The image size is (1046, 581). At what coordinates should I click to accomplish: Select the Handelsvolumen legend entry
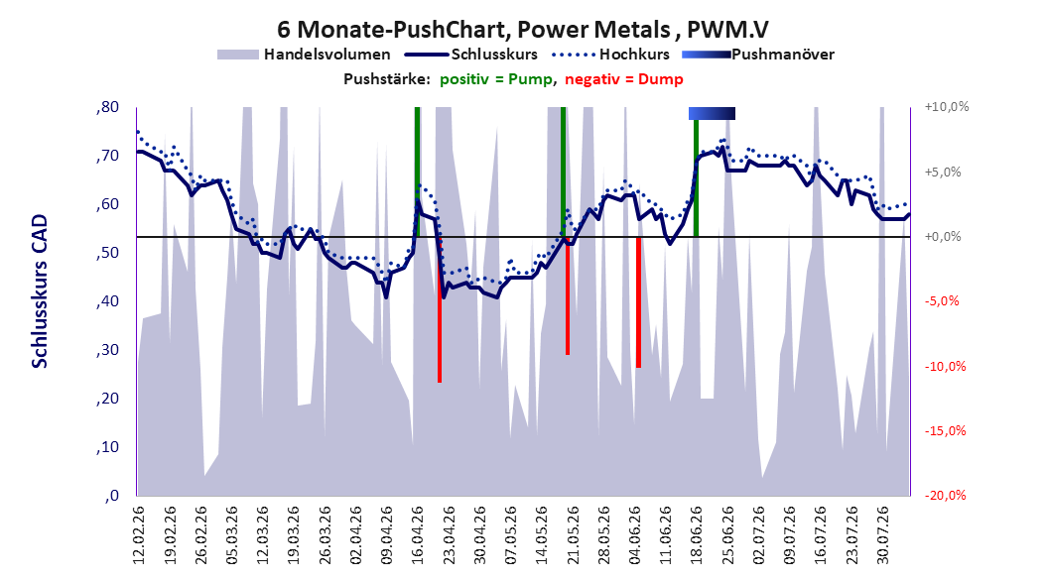[304, 55]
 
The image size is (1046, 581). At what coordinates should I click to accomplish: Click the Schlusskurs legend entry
[471, 55]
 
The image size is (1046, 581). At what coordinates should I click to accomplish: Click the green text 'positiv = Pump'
[495, 79]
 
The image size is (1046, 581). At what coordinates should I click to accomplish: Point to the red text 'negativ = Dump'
[624, 79]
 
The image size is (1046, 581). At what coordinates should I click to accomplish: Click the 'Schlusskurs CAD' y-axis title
[40, 291]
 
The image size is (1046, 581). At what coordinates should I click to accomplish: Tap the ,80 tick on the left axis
[107, 107]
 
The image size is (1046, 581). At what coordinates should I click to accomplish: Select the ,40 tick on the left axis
[107, 301]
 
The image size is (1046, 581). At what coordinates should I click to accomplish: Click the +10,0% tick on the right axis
[947, 107]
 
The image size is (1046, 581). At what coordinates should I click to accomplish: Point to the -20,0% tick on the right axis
[945, 495]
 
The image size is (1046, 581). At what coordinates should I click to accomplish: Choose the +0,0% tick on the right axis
[943, 237]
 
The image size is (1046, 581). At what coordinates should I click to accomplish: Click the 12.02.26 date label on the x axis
[139, 535]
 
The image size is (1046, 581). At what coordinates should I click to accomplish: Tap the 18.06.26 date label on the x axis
[696, 535]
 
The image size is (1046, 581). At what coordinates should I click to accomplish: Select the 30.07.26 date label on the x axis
[882, 535]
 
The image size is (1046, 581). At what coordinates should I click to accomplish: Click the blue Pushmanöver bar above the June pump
[712, 113]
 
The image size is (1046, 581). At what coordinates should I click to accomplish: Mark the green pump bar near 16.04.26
[417, 172]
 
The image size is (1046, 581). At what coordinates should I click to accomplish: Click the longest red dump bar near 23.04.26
[440, 309]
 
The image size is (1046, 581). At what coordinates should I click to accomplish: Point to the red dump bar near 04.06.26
[638, 302]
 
